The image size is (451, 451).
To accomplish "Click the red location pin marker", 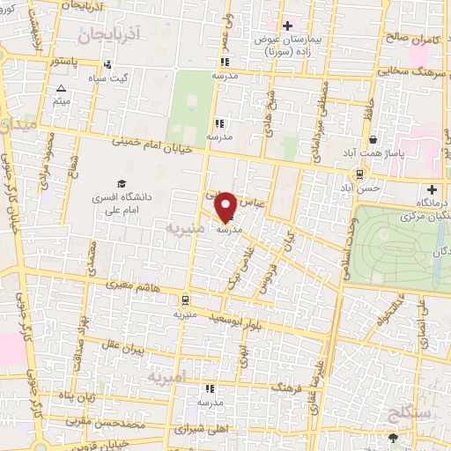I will [x=226, y=207].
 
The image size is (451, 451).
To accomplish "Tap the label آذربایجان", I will [x=108, y=35].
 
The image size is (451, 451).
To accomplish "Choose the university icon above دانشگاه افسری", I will [x=120, y=183].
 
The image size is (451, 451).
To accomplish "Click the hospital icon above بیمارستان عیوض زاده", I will [x=285, y=25].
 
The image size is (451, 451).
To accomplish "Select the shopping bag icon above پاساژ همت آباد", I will [x=373, y=139].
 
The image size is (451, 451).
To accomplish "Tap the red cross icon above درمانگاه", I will [x=432, y=189].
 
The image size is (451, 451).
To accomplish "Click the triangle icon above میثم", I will [x=61, y=89].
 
